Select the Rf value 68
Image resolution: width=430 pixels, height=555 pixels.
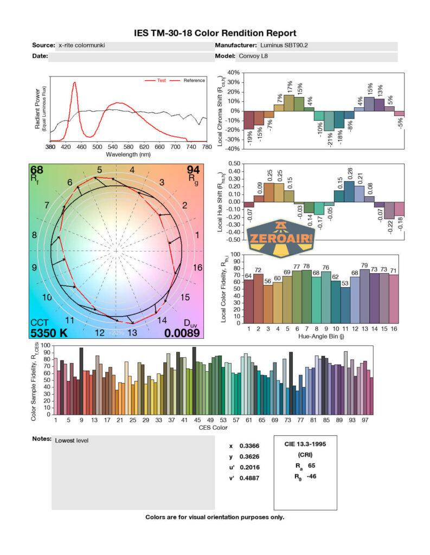click(37, 170)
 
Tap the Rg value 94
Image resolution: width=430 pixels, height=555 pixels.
click(193, 170)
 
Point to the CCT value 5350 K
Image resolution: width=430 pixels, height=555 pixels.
click(49, 333)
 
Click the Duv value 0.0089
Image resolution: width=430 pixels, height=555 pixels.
click(182, 333)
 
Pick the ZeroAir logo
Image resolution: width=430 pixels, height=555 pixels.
click(280, 237)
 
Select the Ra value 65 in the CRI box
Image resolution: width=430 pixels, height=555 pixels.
click(311, 466)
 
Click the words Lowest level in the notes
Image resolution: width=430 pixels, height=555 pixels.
click(72, 441)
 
